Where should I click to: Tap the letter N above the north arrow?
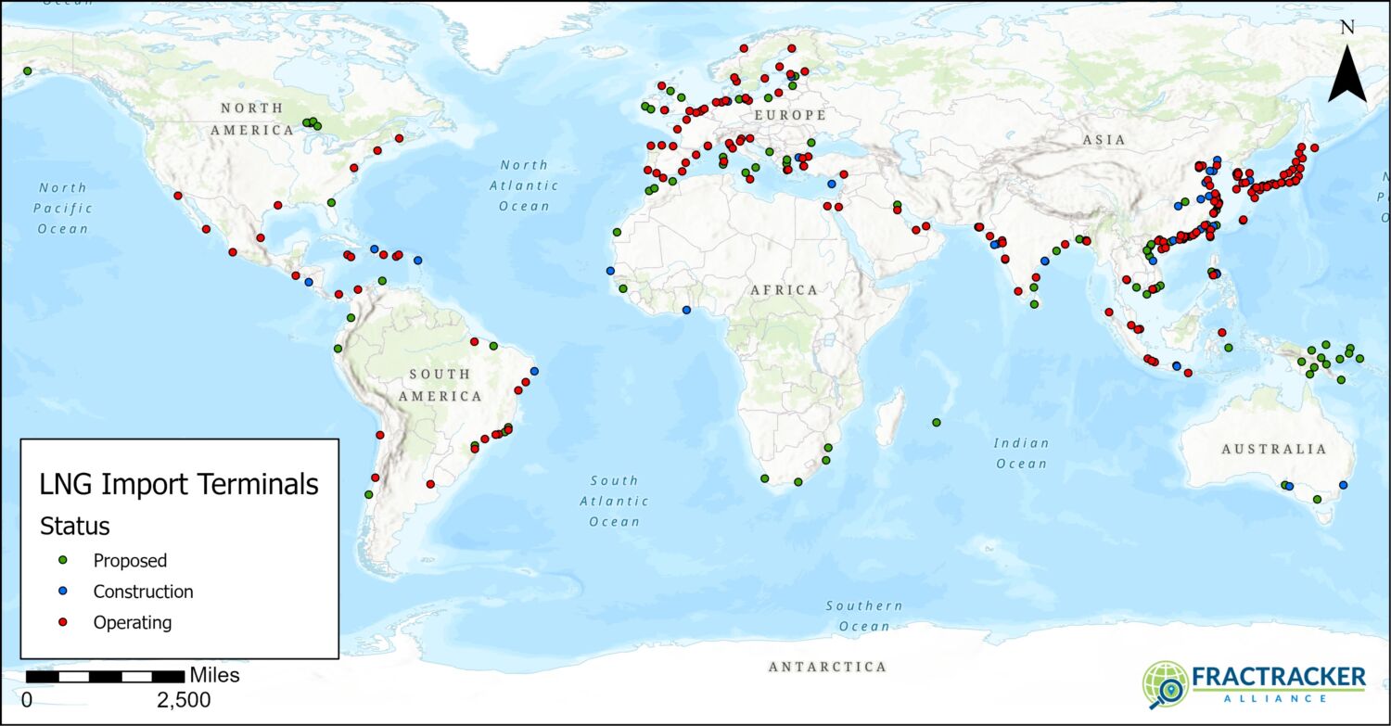[1347, 27]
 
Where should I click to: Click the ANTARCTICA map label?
[827, 667]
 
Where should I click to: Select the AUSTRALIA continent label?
[1273, 449]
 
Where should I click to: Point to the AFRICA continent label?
[785, 290]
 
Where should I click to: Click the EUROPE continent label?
[789, 115]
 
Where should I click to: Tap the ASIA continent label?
[1104, 140]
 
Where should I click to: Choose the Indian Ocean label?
[1021, 454]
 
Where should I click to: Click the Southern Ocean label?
[864, 616]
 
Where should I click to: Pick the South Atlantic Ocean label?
[614, 501]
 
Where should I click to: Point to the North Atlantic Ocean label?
[524, 185]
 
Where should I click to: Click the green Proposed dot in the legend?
[63, 560]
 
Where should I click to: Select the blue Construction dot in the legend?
[63, 592]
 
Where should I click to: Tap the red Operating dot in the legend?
[63, 622]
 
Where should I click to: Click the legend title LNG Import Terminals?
[178, 484]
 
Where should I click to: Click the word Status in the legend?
[74, 527]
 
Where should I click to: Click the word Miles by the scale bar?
[214, 675]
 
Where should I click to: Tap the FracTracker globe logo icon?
[1165, 684]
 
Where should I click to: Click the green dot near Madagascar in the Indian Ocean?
[936, 423]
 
